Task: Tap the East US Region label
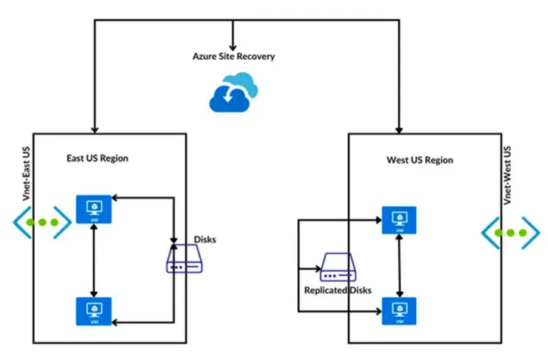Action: tap(96, 158)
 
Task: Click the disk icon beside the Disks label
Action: tap(185, 259)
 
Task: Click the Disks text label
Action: tap(205, 239)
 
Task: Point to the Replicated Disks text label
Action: tap(337, 290)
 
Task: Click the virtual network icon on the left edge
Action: tap(42, 224)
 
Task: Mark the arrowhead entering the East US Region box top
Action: tap(95, 130)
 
